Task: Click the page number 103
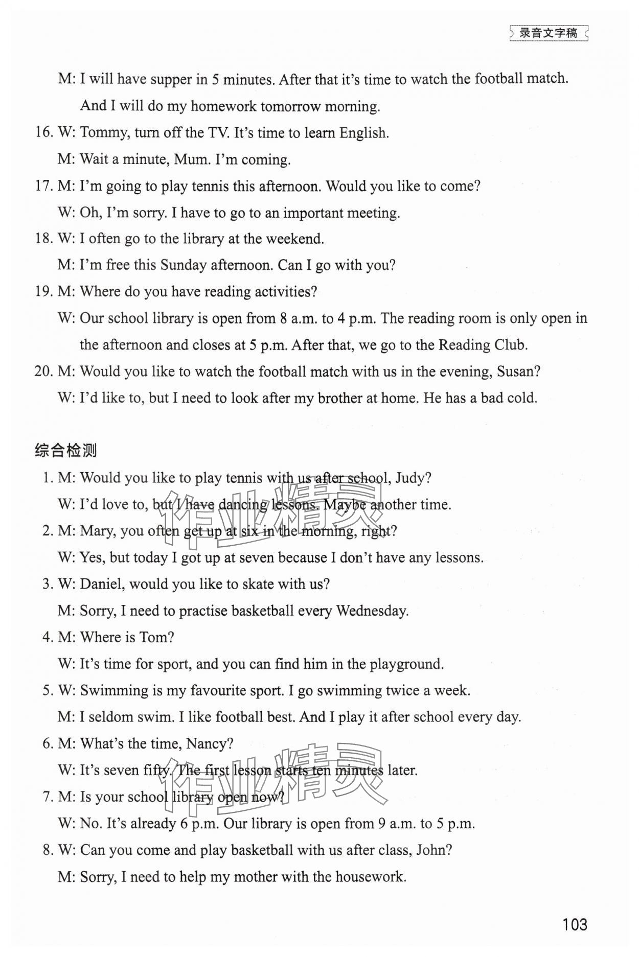(575, 924)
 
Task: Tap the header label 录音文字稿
(548, 33)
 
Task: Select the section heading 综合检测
(66, 450)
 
